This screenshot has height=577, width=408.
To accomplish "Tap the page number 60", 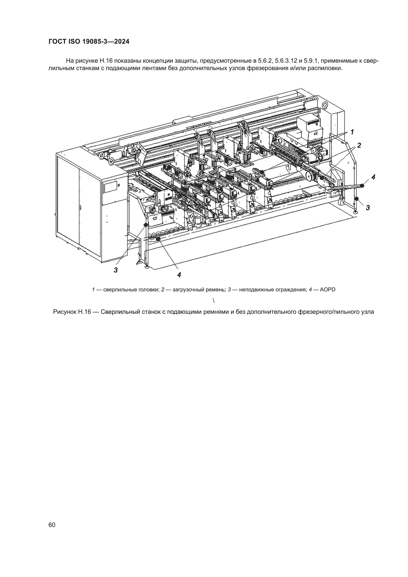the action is pyautogui.click(x=52, y=525).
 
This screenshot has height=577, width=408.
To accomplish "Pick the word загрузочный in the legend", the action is pyautogui.click(x=187, y=290).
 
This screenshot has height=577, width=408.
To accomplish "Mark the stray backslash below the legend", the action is pyautogui.click(x=214, y=300).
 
